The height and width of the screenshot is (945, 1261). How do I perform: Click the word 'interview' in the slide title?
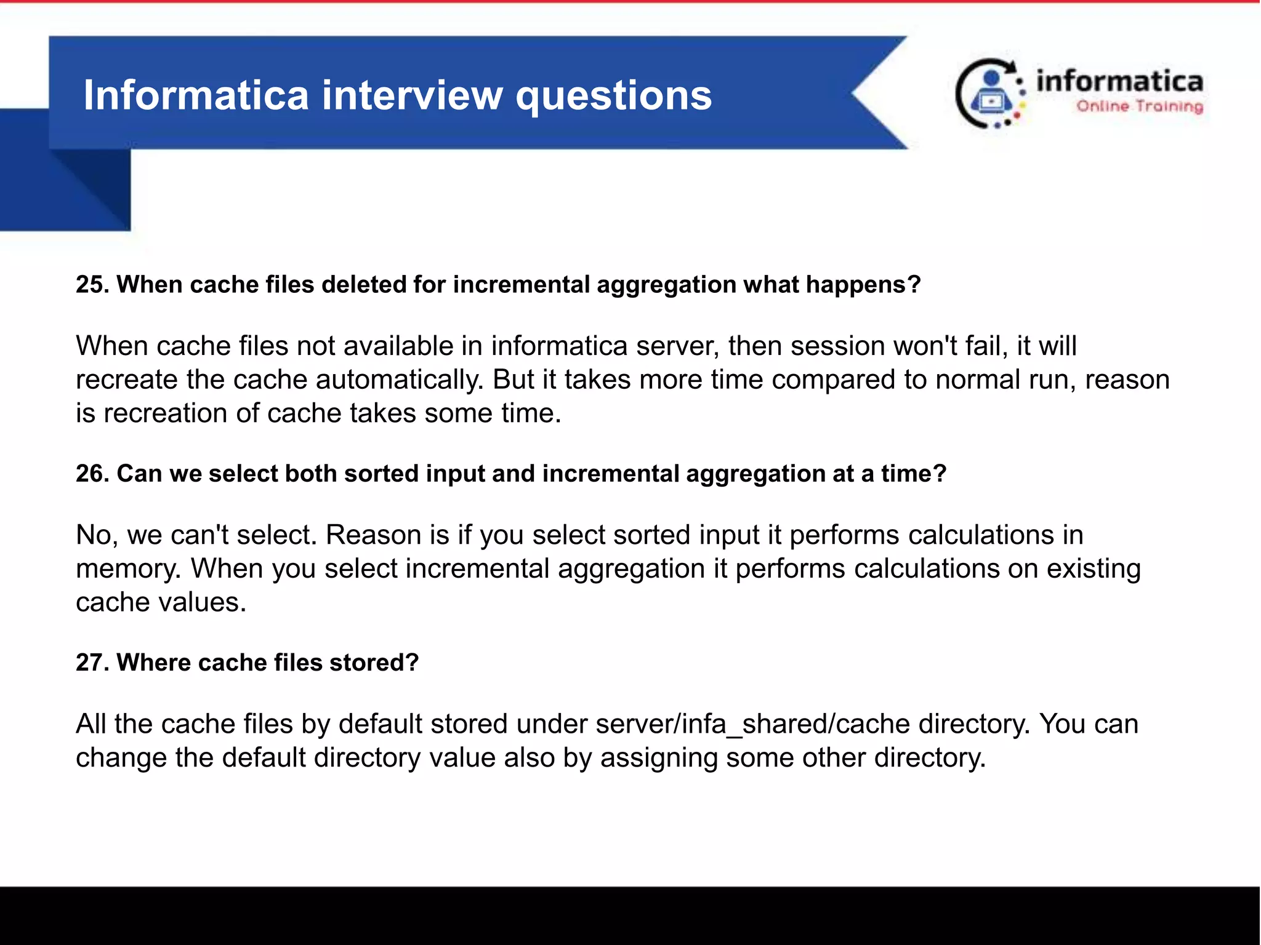(x=412, y=96)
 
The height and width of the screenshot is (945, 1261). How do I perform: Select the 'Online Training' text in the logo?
(x=1139, y=106)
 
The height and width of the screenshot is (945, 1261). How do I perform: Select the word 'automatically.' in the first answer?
(x=400, y=380)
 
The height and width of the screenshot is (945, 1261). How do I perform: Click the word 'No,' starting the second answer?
(x=97, y=535)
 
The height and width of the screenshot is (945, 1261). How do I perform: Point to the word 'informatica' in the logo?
(x=1119, y=81)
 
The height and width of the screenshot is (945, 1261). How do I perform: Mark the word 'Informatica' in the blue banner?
(x=196, y=96)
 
